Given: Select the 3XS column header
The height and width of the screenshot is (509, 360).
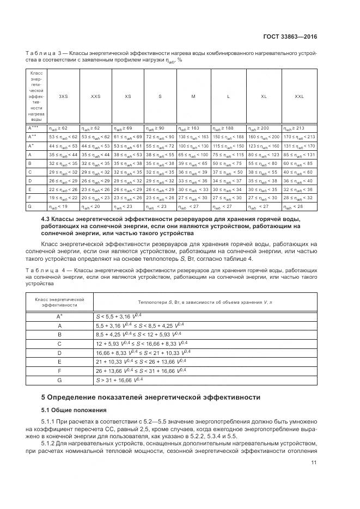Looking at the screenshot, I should [x=63, y=96].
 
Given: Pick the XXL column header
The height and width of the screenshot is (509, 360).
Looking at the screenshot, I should [x=299, y=96].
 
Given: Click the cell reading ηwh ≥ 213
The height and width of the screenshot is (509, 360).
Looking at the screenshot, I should [x=299, y=127].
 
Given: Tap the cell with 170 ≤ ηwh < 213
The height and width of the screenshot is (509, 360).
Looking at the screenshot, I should [x=299, y=137].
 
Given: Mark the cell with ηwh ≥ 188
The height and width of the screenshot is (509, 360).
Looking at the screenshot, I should [x=228, y=127].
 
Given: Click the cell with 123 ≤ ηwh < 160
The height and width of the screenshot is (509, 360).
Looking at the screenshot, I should [x=264, y=146].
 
